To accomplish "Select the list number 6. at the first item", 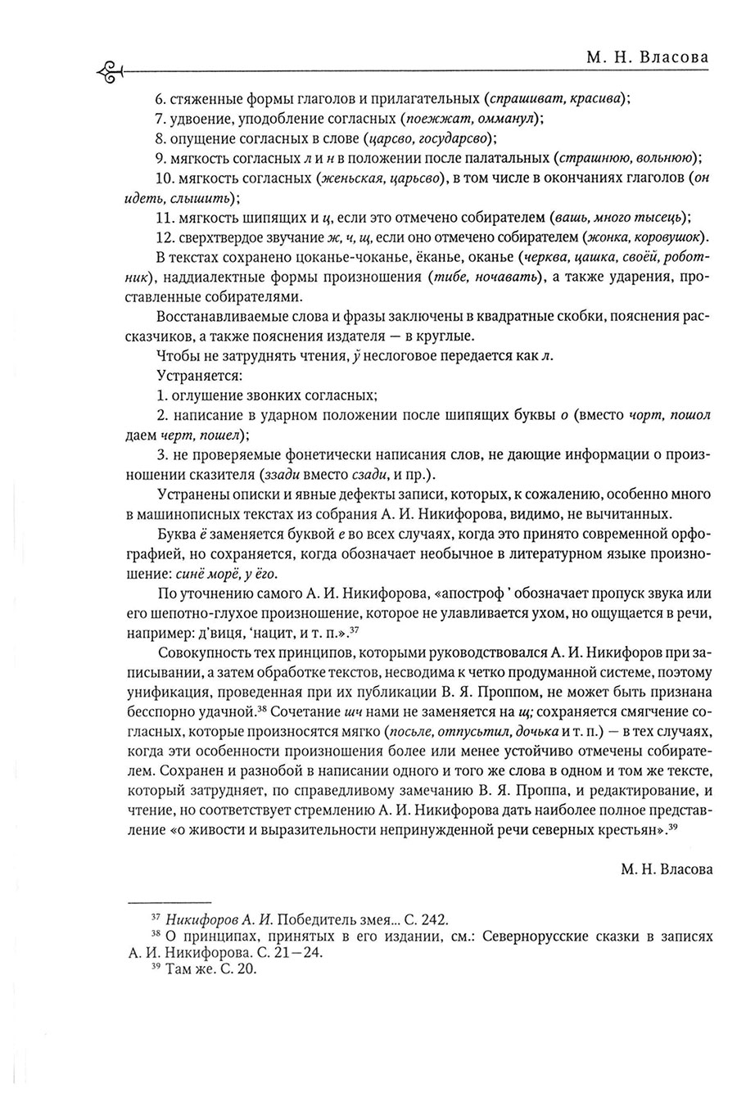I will coord(161,99).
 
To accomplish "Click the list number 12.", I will coord(165,237).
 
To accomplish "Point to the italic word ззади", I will coord(283,475).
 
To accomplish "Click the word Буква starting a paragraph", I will coord(174,535).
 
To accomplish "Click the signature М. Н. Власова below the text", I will coord(665,868).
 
